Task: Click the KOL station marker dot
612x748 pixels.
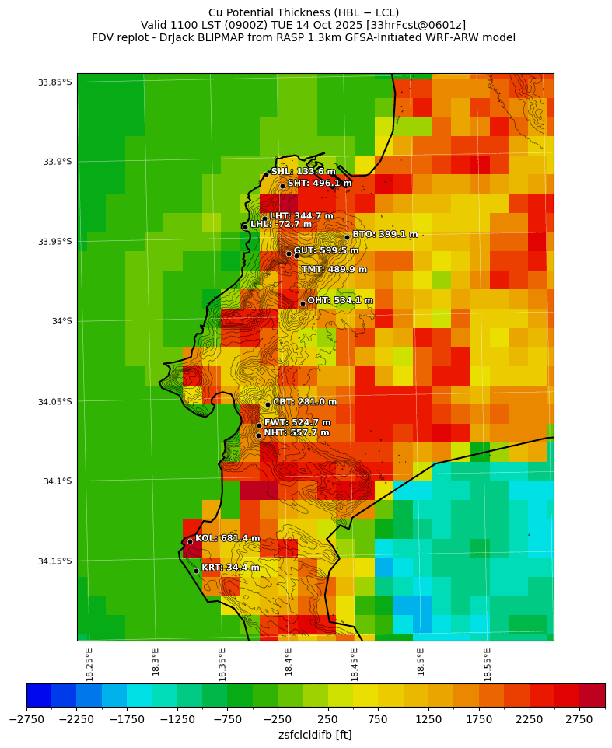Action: (190, 541)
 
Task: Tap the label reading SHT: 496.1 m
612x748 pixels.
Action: (320, 184)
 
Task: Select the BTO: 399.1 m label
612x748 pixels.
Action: (385, 234)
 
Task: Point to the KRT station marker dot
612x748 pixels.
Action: (196, 571)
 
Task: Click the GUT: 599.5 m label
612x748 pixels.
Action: (326, 251)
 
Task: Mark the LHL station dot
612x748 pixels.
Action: (245, 227)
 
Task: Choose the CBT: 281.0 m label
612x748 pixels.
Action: (305, 402)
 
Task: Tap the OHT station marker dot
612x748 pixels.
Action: (303, 303)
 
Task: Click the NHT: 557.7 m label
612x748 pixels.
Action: (296, 433)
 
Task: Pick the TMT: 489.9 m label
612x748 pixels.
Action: (334, 270)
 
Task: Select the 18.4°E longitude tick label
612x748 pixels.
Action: (289, 664)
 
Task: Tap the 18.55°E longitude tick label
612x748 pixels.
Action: (488, 664)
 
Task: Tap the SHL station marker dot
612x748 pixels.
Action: (266, 174)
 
